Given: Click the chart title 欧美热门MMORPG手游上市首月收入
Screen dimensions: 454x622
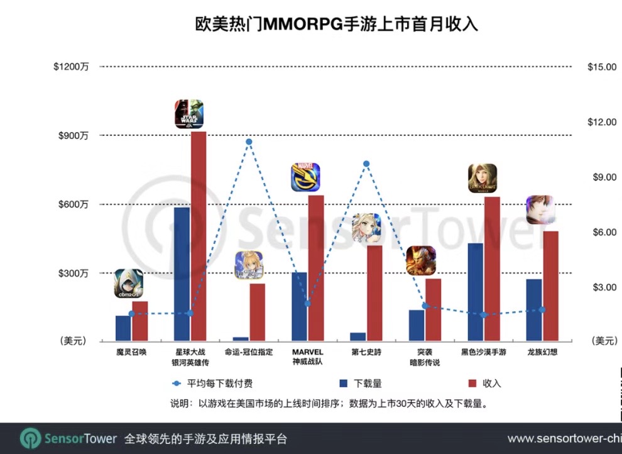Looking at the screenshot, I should point(335,25).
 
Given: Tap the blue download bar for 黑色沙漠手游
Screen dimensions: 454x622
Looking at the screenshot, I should point(476,292).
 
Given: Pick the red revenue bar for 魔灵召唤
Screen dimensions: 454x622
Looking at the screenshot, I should point(140,321).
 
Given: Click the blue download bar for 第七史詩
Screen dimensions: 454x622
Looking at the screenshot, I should point(358,337).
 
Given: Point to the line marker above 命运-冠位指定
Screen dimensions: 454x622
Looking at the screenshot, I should point(249,142).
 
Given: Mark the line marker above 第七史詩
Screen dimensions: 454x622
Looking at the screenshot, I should point(366,164).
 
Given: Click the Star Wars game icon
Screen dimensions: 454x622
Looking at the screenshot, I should point(189,114).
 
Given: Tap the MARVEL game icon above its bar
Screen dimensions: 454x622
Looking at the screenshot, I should point(305,177).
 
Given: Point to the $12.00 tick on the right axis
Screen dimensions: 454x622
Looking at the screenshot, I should point(601,122).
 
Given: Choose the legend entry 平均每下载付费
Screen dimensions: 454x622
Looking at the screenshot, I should point(213,383).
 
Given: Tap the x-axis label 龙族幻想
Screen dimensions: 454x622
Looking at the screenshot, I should point(543,352).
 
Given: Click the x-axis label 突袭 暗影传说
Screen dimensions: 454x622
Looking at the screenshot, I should point(425,357).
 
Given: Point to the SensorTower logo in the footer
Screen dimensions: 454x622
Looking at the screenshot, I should point(68,438).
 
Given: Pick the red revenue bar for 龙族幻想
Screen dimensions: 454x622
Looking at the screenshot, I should point(551,286).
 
